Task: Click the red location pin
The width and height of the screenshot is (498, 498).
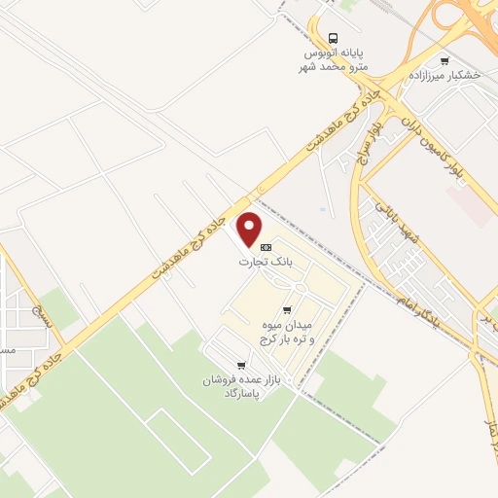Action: (250, 229)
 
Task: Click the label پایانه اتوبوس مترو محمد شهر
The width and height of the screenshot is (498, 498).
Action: (334, 58)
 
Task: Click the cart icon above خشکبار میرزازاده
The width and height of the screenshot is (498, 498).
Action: (445, 59)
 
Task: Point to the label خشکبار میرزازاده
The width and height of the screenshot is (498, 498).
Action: (458, 74)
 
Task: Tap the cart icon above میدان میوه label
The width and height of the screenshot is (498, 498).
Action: (286, 309)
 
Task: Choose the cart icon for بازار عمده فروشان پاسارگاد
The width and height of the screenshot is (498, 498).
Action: (239, 366)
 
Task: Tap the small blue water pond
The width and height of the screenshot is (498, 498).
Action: (322, 208)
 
